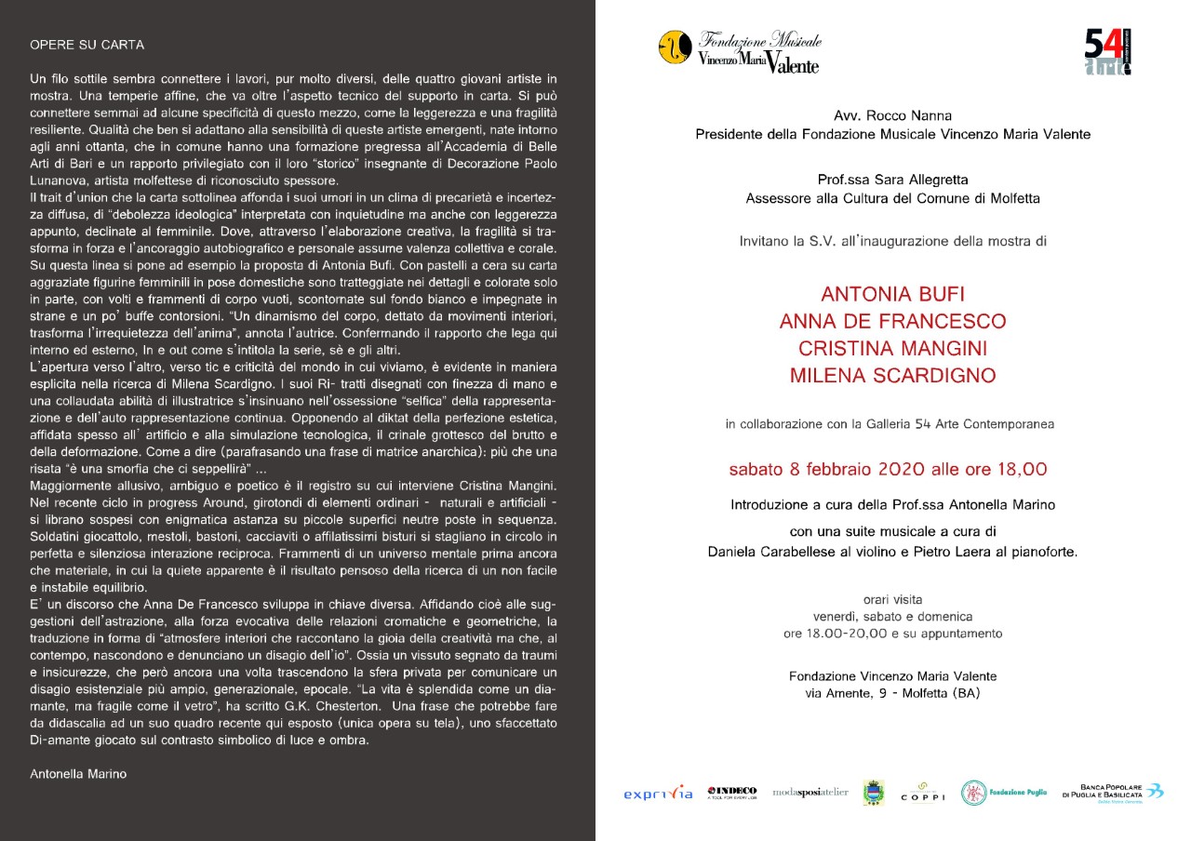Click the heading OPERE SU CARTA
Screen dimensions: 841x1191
click(x=87, y=45)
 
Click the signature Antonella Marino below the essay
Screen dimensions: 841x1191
click(x=78, y=773)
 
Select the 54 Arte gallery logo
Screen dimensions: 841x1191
click(x=1107, y=52)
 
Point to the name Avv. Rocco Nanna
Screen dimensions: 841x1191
click(x=892, y=116)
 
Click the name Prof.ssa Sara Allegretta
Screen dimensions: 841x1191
click(x=892, y=180)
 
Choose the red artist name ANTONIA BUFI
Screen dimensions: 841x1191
click(x=892, y=295)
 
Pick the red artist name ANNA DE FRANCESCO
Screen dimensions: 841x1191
click(x=892, y=322)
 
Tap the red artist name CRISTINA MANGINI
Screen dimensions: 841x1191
click(x=892, y=349)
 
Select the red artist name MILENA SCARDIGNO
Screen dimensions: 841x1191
click(x=892, y=376)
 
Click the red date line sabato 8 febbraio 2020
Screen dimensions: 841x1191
click(x=892, y=469)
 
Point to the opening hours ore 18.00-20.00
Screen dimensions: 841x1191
click(x=892, y=634)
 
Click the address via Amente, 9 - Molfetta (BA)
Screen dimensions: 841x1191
click(x=892, y=693)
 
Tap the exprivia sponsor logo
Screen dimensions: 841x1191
click(x=658, y=794)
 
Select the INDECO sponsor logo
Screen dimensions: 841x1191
click(x=732, y=792)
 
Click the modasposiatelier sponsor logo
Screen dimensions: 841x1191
click(x=810, y=792)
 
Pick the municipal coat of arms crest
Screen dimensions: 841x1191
click(x=874, y=792)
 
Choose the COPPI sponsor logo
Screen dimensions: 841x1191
click(x=923, y=793)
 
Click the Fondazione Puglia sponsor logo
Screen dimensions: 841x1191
click(x=1004, y=793)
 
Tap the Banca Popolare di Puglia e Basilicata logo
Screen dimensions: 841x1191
click(x=1112, y=792)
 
